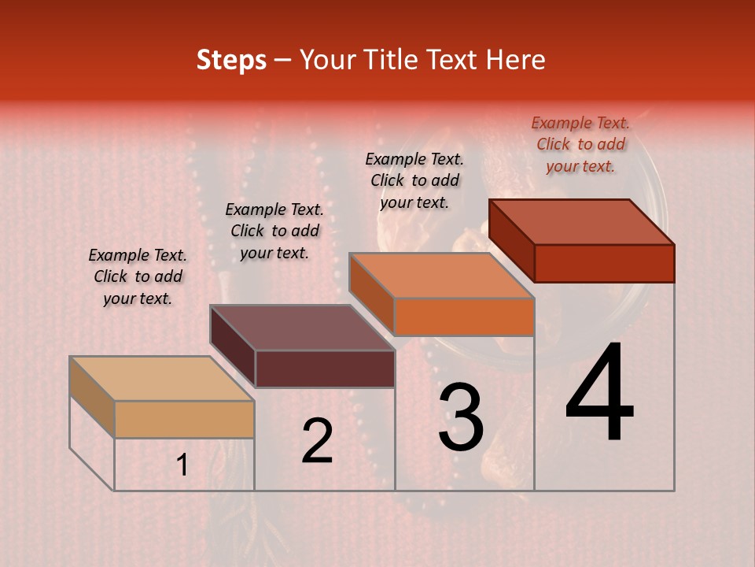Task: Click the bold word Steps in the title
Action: click(x=231, y=60)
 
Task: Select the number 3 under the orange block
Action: click(x=461, y=418)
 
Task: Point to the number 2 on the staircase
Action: click(x=317, y=441)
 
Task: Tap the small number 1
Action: click(x=182, y=465)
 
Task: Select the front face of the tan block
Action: click(x=184, y=419)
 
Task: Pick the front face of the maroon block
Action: click(x=325, y=369)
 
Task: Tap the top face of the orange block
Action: click(x=442, y=276)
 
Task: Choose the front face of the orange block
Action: click(x=464, y=317)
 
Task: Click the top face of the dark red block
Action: click(x=582, y=222)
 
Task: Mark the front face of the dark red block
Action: click(x=604, y=263)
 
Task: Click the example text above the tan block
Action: click(x=138, y=277)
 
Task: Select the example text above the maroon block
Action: click(x=274, y=231)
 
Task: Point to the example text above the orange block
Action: click(x=414, y=180)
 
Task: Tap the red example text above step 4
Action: click(x=580, y=144)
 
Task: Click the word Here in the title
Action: click(x=516, y=60)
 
